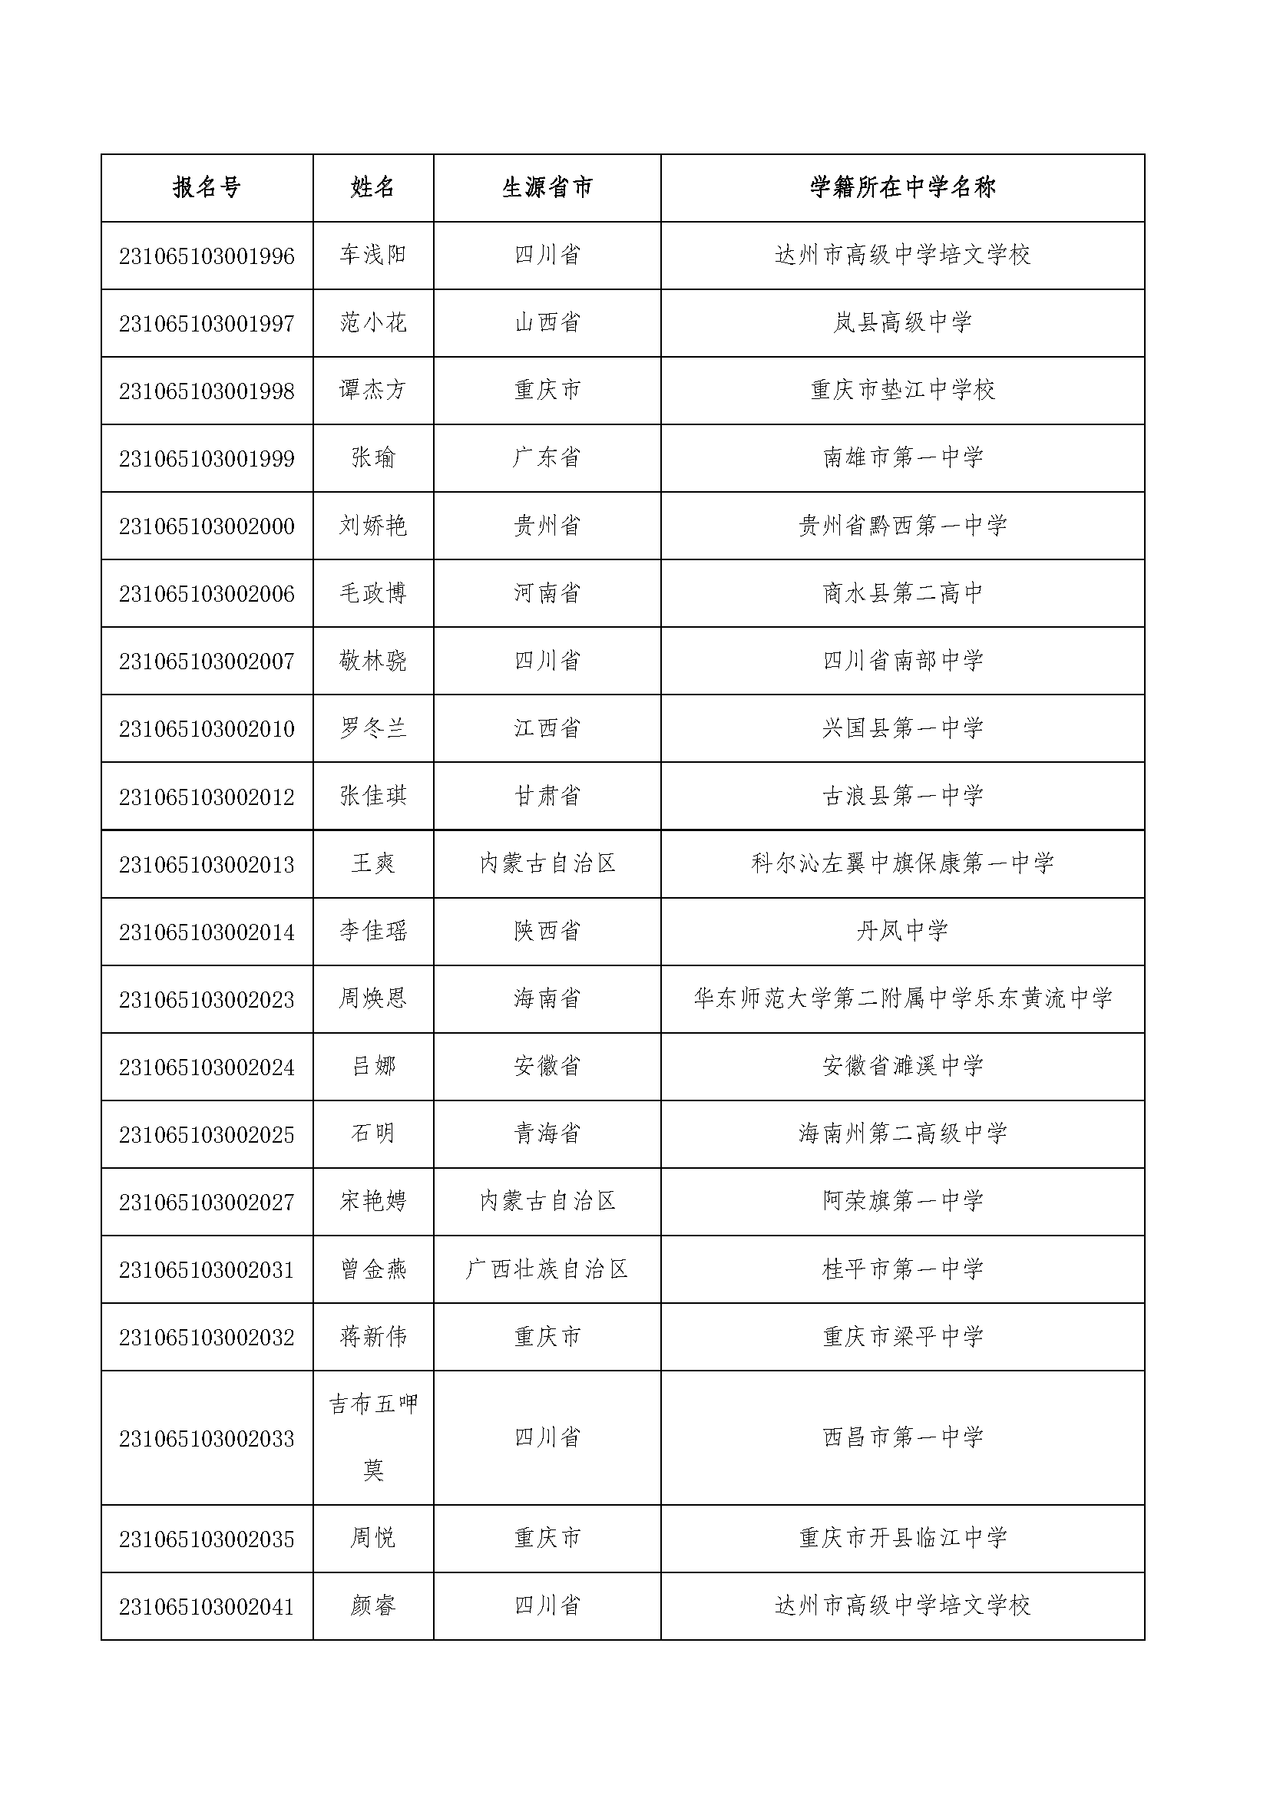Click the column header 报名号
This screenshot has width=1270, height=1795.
coord(207,187)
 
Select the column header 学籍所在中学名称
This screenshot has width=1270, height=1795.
coord(902,187)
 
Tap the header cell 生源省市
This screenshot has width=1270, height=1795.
coord(547,187)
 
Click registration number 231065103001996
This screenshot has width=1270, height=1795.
coord(207,256)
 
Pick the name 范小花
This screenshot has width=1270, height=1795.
coord(373,323)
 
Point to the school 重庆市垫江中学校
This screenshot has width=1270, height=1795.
coord(902,390)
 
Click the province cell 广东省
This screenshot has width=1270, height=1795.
coord(547,458)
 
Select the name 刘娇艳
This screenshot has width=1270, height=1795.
coord(373,526)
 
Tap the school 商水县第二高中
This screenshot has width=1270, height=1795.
coord(902,593)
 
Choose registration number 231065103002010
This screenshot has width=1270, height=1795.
coord(207,729)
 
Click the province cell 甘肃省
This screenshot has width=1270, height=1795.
coord(547,797)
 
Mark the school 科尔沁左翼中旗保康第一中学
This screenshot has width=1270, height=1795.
coord(902,864)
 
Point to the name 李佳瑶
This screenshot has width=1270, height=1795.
coord(373,931)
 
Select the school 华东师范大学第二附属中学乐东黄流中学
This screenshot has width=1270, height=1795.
coord(902,999)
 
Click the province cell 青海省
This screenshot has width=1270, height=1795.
coord(547,1134)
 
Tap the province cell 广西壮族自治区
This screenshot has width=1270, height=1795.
coord(547,1269)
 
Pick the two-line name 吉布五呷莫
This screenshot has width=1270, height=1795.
coord(373,1437)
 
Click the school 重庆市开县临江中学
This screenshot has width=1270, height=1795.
coord(902,1539)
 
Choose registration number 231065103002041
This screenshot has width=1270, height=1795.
coord(207,1606)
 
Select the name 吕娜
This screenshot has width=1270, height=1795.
coord(373,1067)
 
